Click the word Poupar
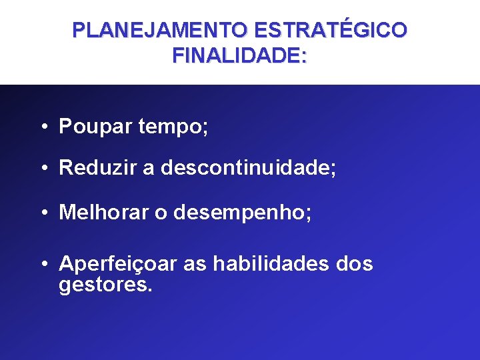pos(96,127)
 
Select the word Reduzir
pos(98,168)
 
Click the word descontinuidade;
pos(248,168)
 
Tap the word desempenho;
pos(243,212)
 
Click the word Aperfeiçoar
pos(118,265)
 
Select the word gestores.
pos(106,286)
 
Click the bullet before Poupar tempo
pos(43,127)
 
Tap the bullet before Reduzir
pos(43,168)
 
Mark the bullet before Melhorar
pos(43,212)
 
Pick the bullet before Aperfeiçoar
pos(43,265)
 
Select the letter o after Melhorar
pos(161,213)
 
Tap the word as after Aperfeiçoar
pos(195,265)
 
